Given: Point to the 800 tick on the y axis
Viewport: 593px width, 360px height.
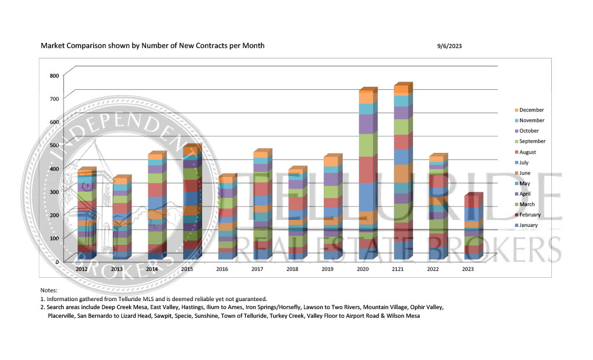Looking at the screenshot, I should click(x=54, y=76).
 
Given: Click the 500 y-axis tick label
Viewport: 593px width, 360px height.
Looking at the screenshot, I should click(x=54, y=145).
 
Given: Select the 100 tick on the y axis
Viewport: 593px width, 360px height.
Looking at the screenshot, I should click(x=54, y=238).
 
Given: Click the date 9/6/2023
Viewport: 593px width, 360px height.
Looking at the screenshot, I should click(x=449, y=46).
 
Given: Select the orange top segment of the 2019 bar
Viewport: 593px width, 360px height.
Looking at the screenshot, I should click(x=331, y=161).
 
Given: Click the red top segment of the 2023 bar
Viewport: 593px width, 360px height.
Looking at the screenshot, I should click(x=471, y=201).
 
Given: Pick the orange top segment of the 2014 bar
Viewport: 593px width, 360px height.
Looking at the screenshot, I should click(x=154, y=156).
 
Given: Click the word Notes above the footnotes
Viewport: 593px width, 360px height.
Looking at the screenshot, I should click(x=49, y=290).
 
